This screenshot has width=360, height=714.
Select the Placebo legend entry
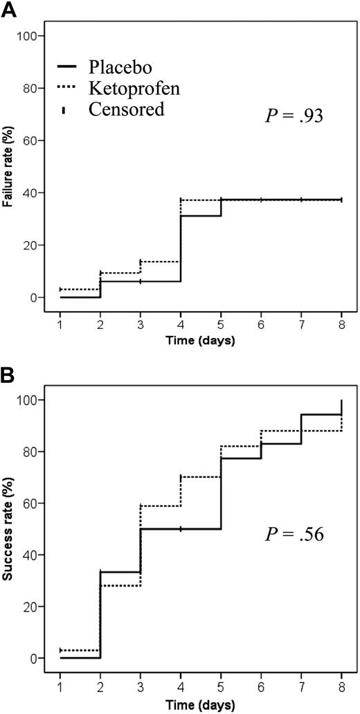point(120,67)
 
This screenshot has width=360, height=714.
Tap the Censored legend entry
point(126,109)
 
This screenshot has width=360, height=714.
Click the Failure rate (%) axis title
point(10,166)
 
